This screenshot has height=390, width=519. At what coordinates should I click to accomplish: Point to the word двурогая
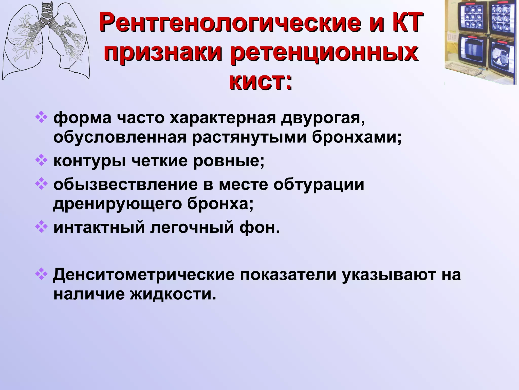point(323,118)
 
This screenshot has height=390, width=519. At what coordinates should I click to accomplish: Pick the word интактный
point(99,227)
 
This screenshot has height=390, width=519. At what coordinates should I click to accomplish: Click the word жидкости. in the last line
point(173,294)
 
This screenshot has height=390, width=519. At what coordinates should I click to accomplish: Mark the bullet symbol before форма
point(41,118)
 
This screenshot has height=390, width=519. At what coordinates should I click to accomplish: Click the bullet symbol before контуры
point(41,160)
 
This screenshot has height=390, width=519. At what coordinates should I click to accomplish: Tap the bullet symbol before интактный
point(41,227)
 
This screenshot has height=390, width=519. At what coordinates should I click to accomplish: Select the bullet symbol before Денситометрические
point(41,274)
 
